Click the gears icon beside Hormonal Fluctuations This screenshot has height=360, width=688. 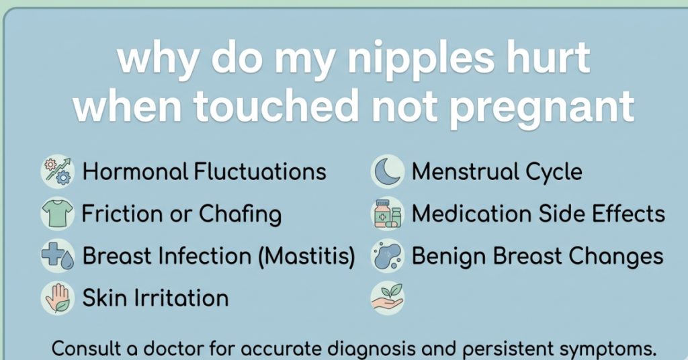click(x=57, y=171)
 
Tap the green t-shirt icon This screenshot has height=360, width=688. click(x=57, y=214)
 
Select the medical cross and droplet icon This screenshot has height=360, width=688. click(x=57, y=256)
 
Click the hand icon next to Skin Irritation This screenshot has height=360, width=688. click(x=57, y=298)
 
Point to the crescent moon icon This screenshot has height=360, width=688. click(x=388, y=171)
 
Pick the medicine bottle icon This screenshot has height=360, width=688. click(x=388, y=214)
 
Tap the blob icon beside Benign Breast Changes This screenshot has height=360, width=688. click(x=388, y=256)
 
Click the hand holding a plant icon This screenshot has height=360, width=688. click(x=388, y=298)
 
